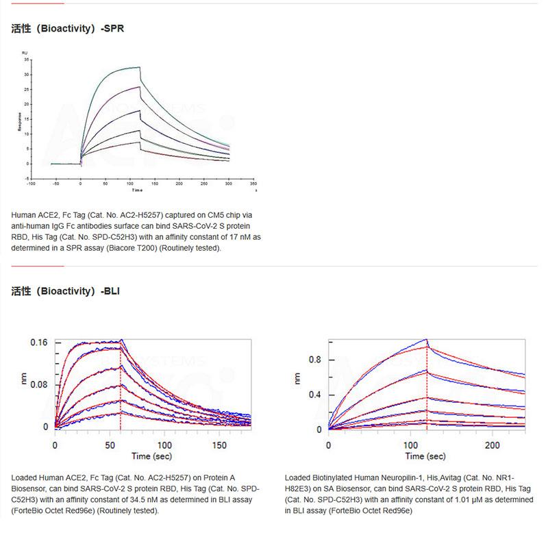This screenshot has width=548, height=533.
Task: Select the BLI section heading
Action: point(66,290)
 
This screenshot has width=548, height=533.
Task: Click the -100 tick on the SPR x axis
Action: point(31,184)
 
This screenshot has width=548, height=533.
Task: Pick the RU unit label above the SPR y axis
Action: point(25,53)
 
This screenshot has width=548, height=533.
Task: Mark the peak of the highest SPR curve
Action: point(139,67)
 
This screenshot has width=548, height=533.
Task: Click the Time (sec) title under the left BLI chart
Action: point(153,456)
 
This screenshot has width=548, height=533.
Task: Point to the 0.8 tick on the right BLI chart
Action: point(315,360)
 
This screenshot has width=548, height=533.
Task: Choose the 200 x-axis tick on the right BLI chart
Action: point(492,445)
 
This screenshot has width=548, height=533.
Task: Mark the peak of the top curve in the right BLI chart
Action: point(426,340)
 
